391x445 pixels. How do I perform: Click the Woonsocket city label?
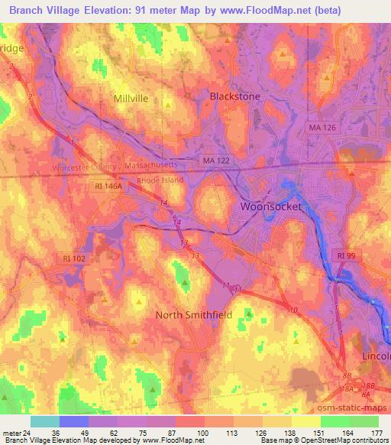(271, 206)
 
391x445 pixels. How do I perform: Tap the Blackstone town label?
(235, 96)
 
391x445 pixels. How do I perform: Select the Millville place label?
(131, 99)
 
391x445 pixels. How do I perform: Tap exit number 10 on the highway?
(294, 310)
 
